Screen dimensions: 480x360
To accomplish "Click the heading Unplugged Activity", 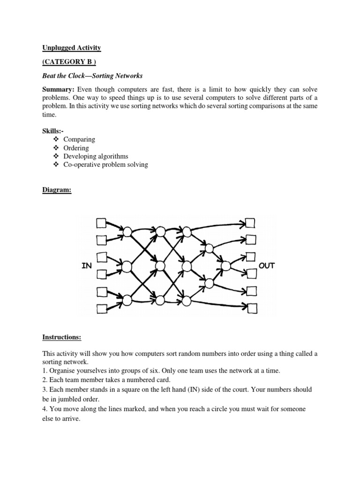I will coord(72,48).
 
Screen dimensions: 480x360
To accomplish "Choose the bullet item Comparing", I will coord(79,139).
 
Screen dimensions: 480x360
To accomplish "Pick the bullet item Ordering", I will coord(76,148).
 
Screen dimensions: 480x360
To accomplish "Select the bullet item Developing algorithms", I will coord(96,156).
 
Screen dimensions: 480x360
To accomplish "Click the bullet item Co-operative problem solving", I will coord(105,165).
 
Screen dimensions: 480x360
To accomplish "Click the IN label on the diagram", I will coord(86,266).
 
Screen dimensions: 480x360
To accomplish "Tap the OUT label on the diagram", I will coord(267,266).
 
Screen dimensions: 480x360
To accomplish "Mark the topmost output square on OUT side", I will coord(250,222).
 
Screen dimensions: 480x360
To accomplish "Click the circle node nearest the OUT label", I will coord(226,266).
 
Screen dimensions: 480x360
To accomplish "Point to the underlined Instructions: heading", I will coord(62,337).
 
